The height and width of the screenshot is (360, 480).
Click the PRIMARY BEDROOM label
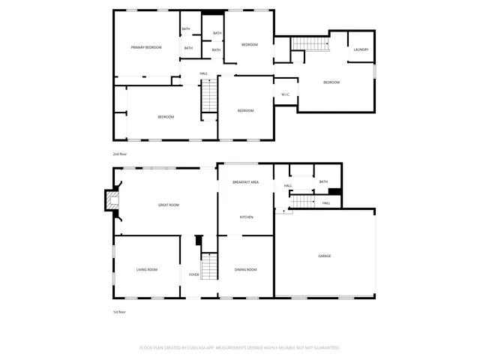[146, 47]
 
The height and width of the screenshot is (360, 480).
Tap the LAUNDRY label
[361, 50]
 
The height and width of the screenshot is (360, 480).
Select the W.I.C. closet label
[286, 94]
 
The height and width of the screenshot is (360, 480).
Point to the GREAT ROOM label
[168, 205]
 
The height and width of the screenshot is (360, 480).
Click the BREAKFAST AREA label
[245, 182]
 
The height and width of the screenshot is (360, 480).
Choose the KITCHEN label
[246, 217]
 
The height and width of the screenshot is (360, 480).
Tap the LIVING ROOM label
[146, 269]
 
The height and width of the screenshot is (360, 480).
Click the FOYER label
[193, 275]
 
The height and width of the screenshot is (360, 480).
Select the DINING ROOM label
[246, 269]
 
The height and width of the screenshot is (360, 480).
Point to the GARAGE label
[324, 256]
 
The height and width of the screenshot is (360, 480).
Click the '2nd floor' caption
[119, 154]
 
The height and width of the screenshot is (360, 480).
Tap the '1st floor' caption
[119, 311]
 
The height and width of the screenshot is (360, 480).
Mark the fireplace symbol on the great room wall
[111, 200]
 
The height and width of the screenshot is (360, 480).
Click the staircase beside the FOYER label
[210, 266]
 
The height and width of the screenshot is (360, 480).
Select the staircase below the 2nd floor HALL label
[209, 97]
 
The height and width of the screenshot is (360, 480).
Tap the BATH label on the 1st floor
[323, 181]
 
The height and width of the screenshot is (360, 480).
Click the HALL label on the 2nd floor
[204, 73]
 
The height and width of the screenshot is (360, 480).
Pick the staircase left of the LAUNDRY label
[310, 43]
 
